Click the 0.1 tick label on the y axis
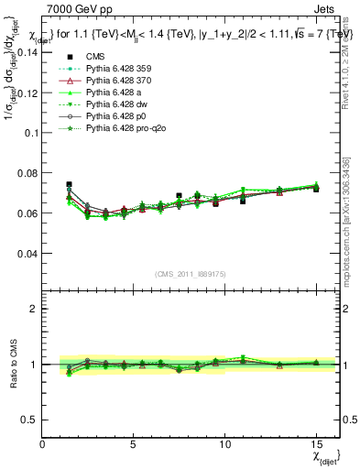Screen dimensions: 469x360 31,133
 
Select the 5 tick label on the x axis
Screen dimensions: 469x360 134,444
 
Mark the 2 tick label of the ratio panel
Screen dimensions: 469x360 35,309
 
